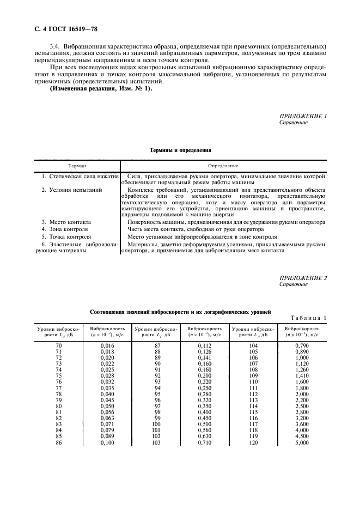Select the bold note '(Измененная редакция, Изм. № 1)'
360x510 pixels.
point(101,89)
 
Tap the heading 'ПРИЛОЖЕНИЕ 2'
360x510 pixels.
point(303,278)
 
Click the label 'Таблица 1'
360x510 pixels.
point(308,318)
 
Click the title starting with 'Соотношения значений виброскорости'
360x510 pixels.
point(180,311)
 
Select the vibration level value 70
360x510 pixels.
point(59,346)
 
